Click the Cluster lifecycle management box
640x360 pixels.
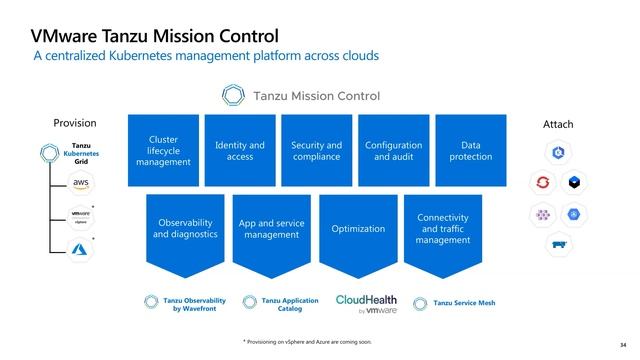(163, 150)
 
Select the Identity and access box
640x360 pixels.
(240, 150)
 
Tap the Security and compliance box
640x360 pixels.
(316, 150)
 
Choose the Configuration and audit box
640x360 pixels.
(393, 150)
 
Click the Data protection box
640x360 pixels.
(470, 150)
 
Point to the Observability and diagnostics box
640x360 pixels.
(184, 229)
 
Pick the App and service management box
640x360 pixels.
(271, 229)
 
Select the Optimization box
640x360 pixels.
(358, 229)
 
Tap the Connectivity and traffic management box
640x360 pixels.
(443, 229)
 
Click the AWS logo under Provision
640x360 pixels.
(80, 182)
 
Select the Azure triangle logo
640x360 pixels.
(80, 250)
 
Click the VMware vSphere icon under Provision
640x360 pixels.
(80, 216)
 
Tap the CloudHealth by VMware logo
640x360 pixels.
(366, 304)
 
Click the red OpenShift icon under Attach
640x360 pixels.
(543, 182)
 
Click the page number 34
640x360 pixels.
(623, 345)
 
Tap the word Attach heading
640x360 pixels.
(558, 124)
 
